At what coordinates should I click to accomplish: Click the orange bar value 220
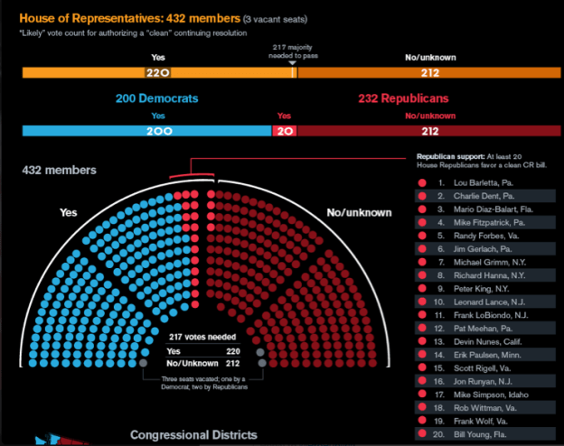pos(158,73)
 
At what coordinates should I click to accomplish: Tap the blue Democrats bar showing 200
pos(157,131)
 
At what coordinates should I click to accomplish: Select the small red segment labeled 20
pos(284,131)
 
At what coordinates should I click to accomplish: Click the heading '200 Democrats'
pos(157,98)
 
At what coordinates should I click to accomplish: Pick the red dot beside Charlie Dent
pos(422,197)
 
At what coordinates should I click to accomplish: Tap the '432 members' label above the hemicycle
pos(60,169)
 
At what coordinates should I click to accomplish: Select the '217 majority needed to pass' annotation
pos(291,50)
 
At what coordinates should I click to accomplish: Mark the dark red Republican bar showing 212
pos(429,131)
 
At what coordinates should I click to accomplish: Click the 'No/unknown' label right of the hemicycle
pos(360,212)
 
